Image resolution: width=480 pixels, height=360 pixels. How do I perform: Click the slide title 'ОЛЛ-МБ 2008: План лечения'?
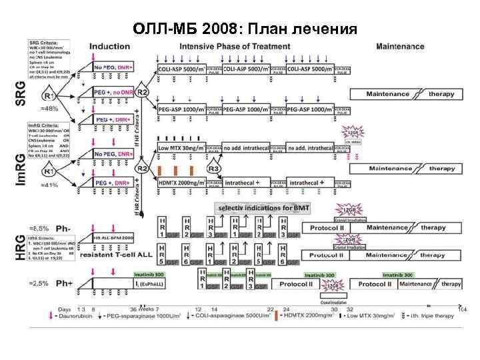coord(245,29)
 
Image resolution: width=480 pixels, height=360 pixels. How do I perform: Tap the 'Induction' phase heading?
coord(110,47)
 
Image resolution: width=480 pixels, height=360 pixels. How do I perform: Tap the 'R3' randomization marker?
coord(214,169)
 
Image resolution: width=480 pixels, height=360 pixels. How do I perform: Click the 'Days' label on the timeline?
coord(64,309)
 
